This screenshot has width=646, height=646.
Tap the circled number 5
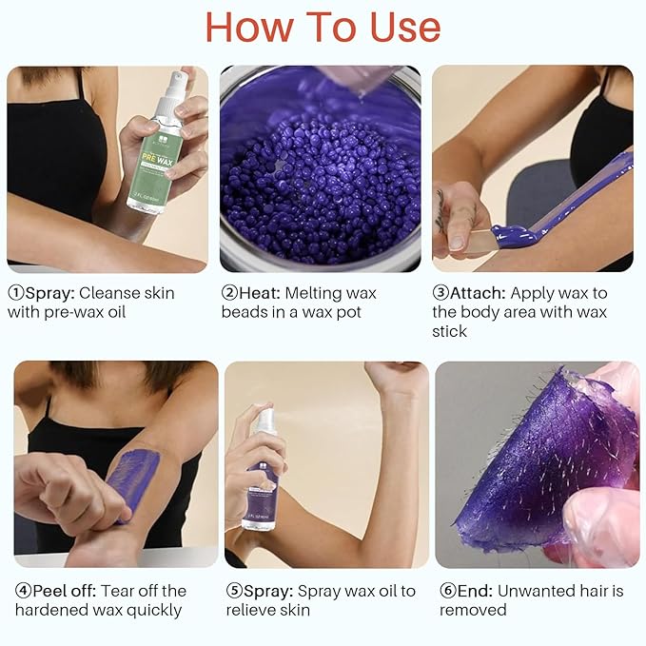tap(234, 591)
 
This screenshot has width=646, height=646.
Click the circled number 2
tap(229, 293)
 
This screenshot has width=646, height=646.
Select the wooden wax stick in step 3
tap(476, 238)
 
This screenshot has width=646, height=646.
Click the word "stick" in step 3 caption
tap(450, 331)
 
